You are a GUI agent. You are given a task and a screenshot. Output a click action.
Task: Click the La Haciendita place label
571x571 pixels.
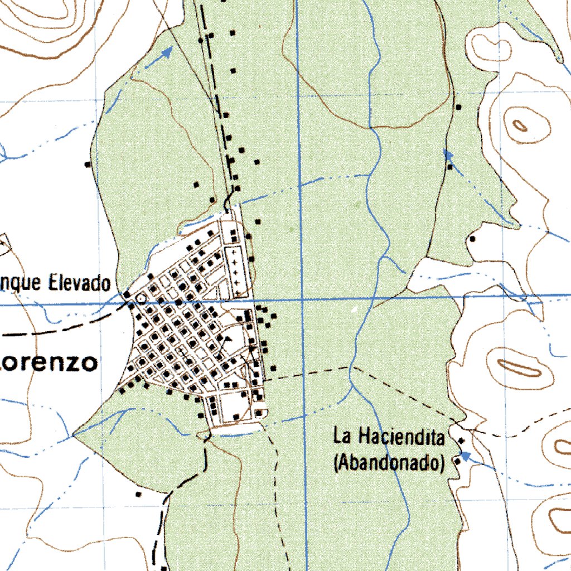[x=389, y=435]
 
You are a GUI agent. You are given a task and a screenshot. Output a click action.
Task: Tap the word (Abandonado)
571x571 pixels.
[x=389, y=462]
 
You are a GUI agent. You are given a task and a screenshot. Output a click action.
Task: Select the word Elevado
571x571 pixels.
[x=79, y=284]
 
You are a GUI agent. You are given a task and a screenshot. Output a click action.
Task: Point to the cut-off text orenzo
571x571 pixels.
[x=49, y=363]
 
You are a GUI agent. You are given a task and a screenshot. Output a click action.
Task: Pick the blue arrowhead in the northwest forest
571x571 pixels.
[x=167, y=53]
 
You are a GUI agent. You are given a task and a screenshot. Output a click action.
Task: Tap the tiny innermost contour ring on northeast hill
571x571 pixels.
[x=520, y=125]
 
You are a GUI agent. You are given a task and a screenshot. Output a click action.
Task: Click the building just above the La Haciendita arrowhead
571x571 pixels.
[x=461, y=441]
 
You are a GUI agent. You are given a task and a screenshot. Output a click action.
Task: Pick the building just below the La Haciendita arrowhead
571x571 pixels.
[x=457, y=461]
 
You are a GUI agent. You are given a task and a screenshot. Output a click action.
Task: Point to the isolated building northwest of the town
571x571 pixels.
[x=88, y=164]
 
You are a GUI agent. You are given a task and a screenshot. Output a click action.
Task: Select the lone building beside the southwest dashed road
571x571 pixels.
[x=139, y=493]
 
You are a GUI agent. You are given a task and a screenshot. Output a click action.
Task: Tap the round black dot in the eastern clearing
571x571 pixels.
[x=472, y=239]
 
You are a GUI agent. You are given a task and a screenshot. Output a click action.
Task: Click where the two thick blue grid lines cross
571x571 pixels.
[x=301, y=300]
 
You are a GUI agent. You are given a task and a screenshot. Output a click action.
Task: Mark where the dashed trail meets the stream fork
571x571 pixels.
[x=351, y=368]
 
